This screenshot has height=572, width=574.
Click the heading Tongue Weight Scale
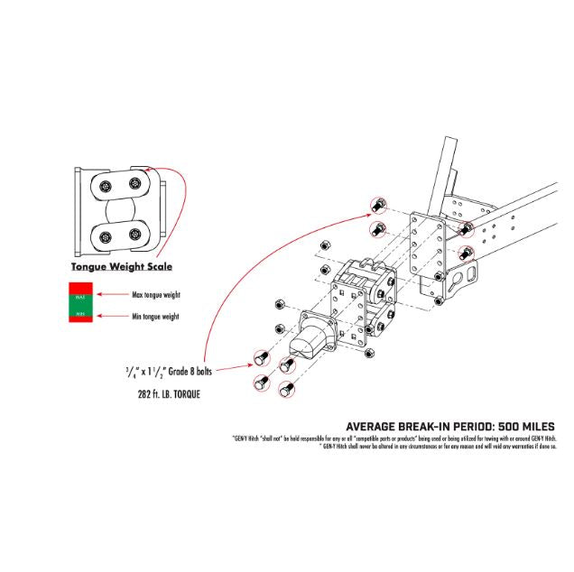122,267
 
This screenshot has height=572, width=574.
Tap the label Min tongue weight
155,316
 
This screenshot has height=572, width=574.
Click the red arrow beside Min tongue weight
111,315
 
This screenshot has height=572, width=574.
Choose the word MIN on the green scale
79,313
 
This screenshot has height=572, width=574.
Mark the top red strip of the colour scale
79,287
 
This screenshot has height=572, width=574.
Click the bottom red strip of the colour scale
79,321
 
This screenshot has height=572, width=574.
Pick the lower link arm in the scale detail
121,236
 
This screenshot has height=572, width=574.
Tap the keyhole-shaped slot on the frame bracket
468,274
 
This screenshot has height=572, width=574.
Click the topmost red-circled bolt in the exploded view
379,204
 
